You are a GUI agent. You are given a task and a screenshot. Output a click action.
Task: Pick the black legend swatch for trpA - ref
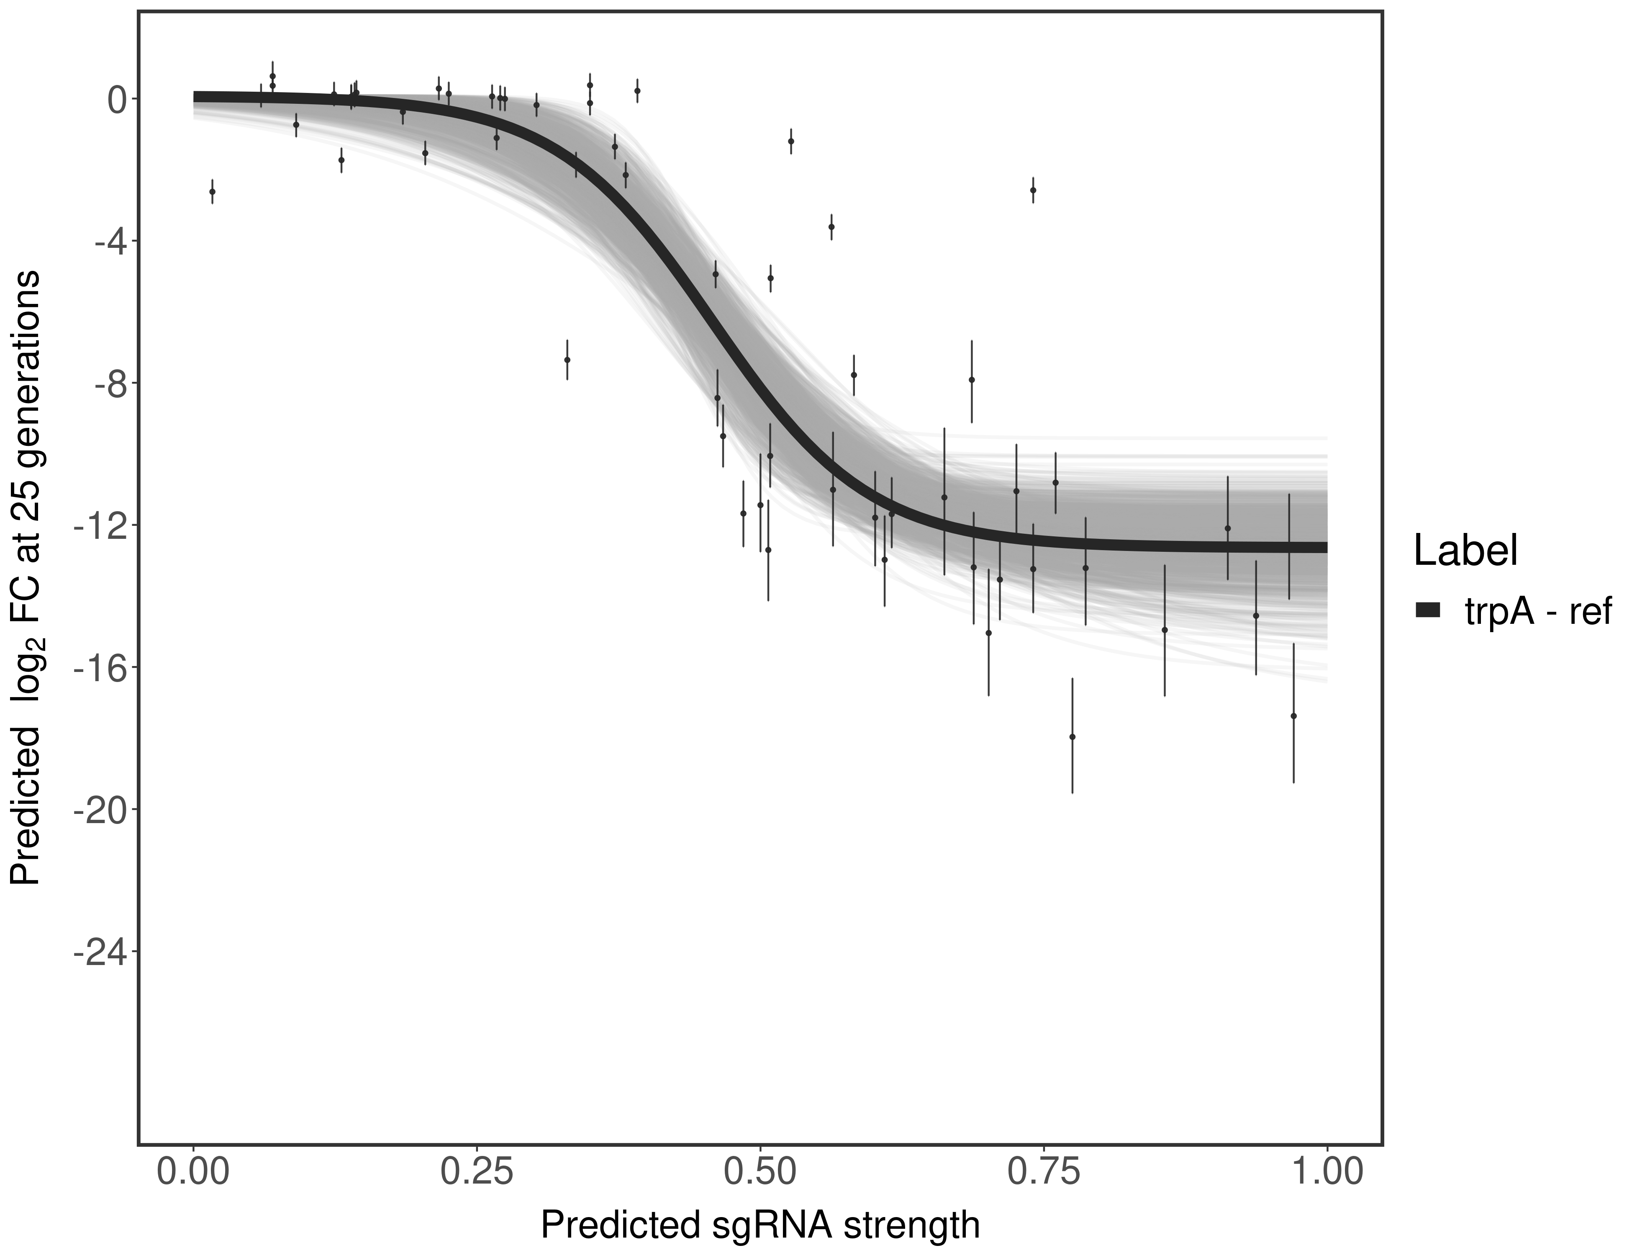tap(1427, 611)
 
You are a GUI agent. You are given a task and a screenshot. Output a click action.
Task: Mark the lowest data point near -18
tap(1072, 736)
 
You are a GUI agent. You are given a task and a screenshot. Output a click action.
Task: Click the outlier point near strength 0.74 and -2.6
tap(1033, 190)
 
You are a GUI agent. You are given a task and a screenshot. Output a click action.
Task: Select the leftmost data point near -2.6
tap(212, 191)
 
